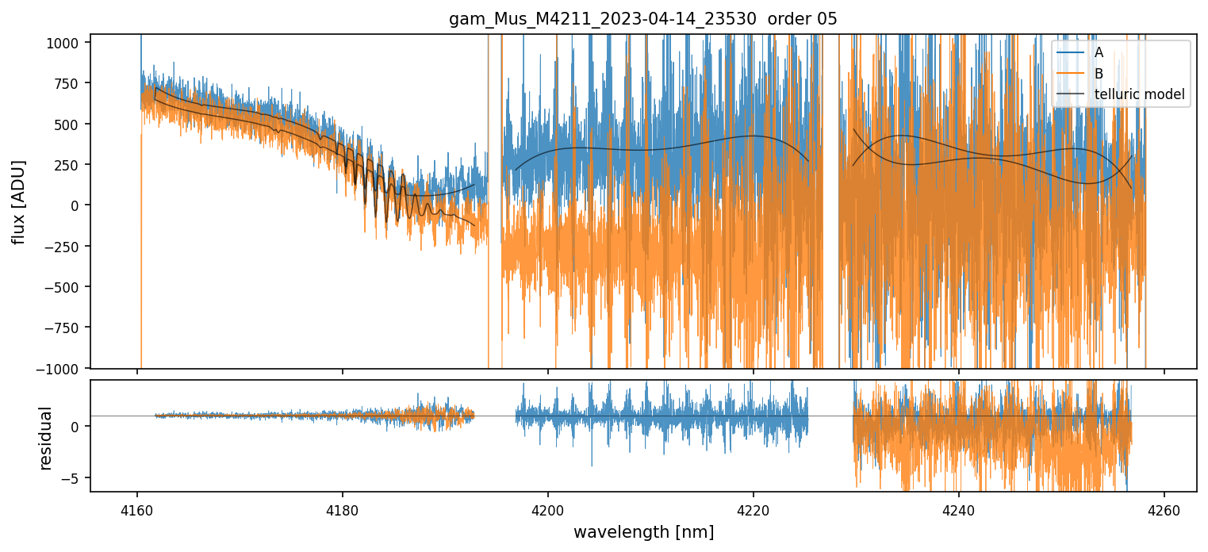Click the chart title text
click(643, 19)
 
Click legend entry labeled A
click(1099, 52)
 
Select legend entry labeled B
click(1099, 74)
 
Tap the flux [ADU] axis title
click(18, 201)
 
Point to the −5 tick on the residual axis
click(75, 478)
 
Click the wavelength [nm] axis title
click(643, 531)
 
